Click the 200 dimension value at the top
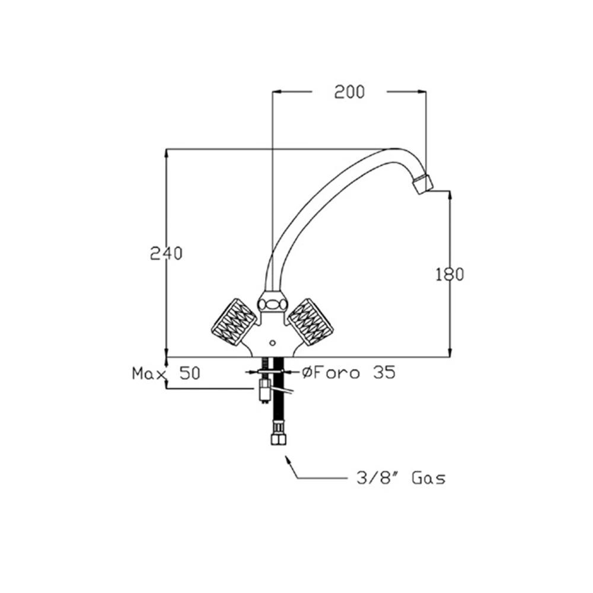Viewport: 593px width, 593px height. tap(349, 92)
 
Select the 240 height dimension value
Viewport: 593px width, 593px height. tap(166, 253)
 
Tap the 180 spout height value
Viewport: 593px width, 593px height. tap(449, 274)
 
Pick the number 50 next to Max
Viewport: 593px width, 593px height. tap(190, 373)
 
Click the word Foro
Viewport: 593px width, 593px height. tap(336, 372)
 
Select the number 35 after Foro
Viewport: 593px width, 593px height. tap(384, 372)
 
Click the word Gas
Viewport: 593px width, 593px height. tap(429, 479)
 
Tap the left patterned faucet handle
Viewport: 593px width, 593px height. tap(234, 322)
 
